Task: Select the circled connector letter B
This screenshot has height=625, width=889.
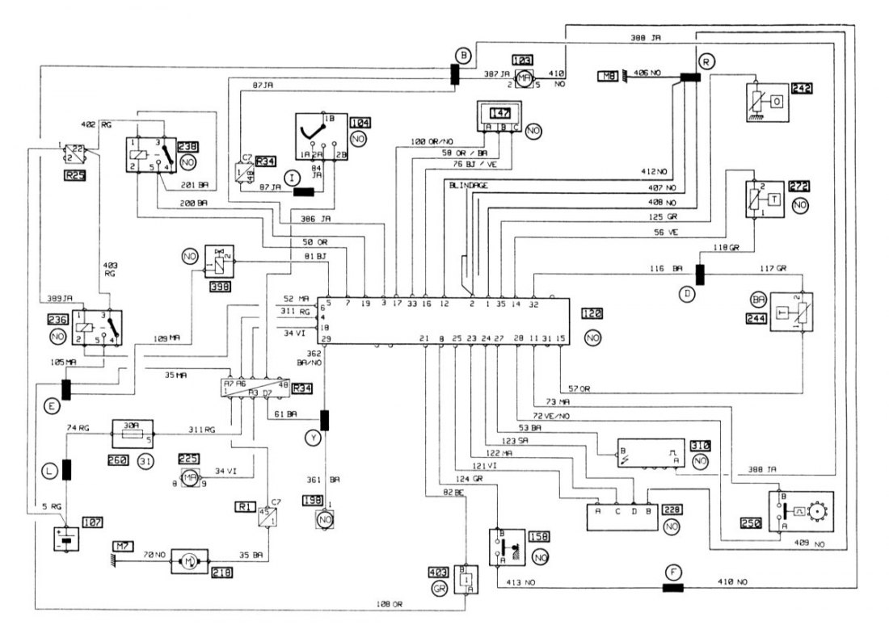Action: click(x=463, y=56)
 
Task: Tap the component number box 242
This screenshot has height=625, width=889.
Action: click(x=803, y=90)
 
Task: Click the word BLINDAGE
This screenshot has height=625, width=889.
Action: click(x=468, y=185)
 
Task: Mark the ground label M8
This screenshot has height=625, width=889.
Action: click(x=607, y=77)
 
